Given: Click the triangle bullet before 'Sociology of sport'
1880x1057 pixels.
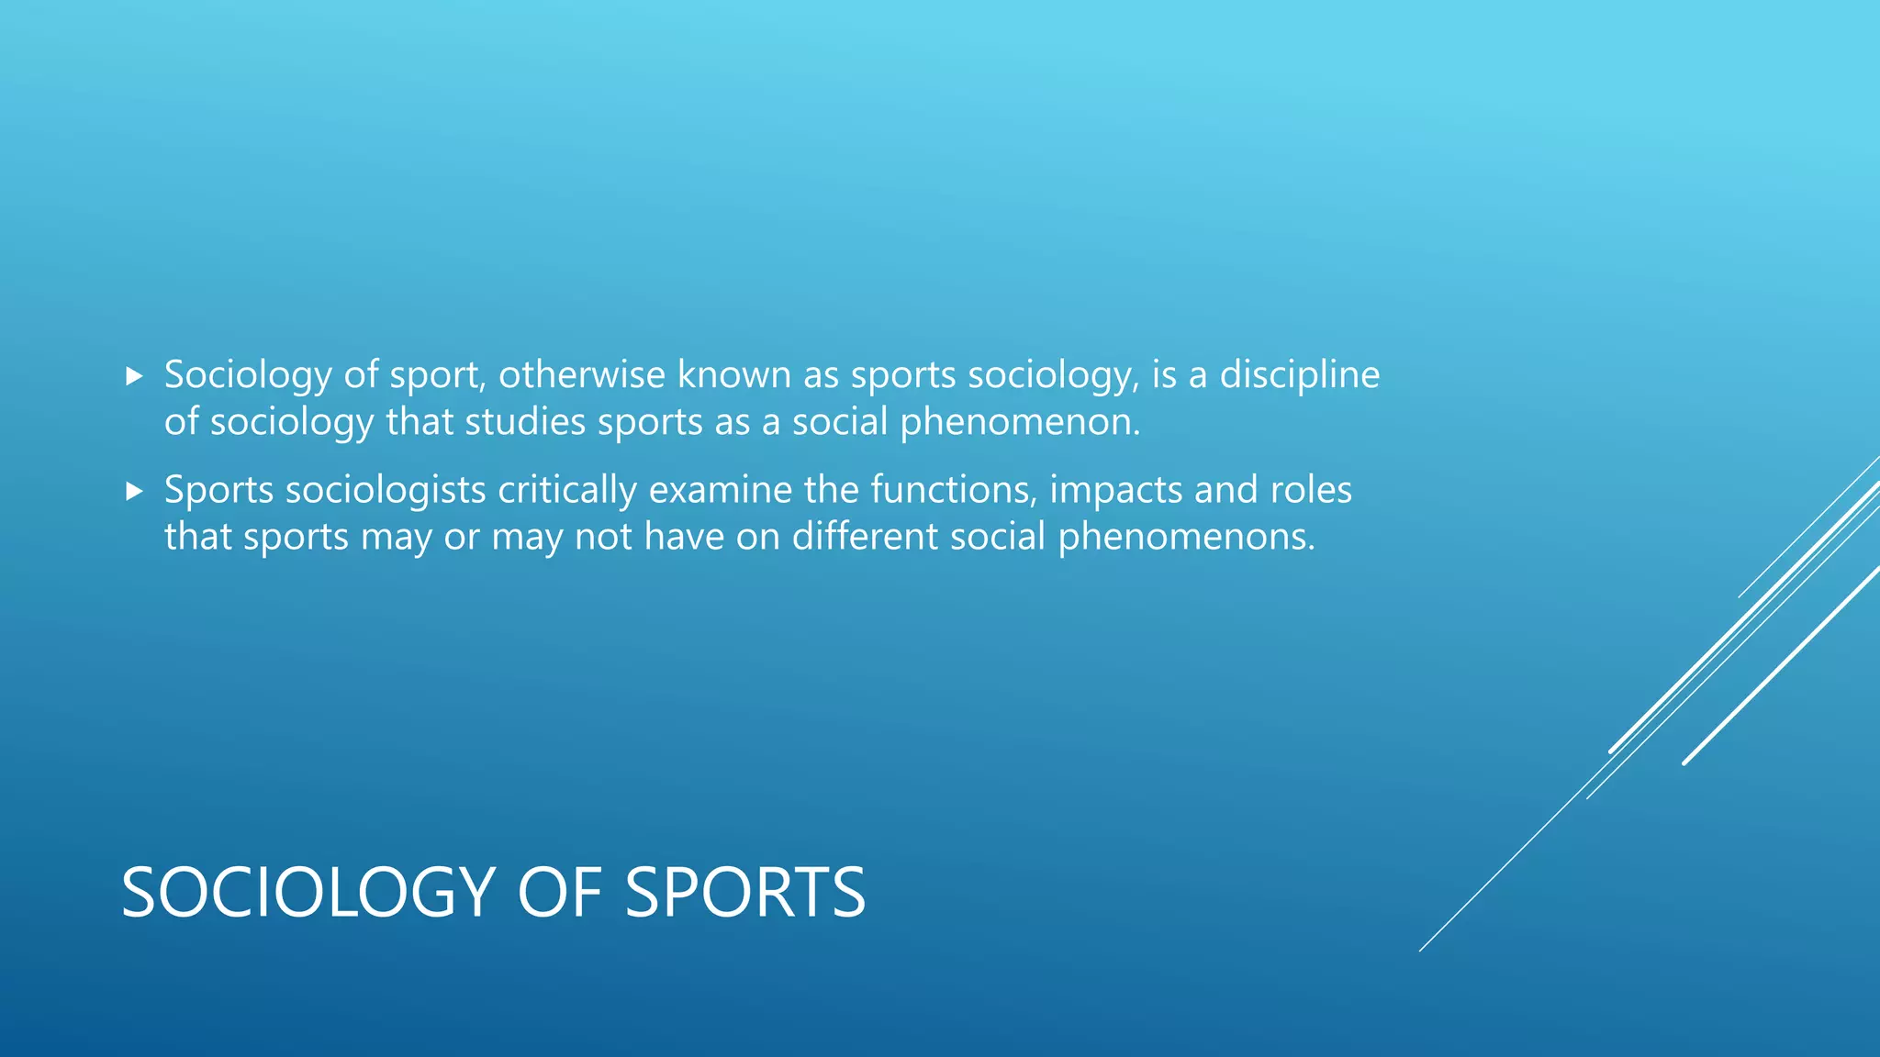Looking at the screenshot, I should coord(135,376).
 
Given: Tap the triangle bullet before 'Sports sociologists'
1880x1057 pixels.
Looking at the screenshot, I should coord(135,492).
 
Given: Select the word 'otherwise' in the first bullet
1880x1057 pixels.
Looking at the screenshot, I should coord(581,374).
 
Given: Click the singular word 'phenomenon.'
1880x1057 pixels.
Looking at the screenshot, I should coord(1020,424).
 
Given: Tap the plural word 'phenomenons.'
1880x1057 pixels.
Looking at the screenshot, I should coord(1186,538).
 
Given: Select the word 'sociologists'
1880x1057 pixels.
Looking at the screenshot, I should coord(386,491).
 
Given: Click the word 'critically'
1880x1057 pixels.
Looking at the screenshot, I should coord(567,491).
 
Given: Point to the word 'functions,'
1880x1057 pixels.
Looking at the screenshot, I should coord(954,490).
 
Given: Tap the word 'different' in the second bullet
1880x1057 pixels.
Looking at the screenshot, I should coord(865,537).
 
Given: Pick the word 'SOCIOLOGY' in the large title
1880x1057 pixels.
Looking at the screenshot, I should coord(308,893).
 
